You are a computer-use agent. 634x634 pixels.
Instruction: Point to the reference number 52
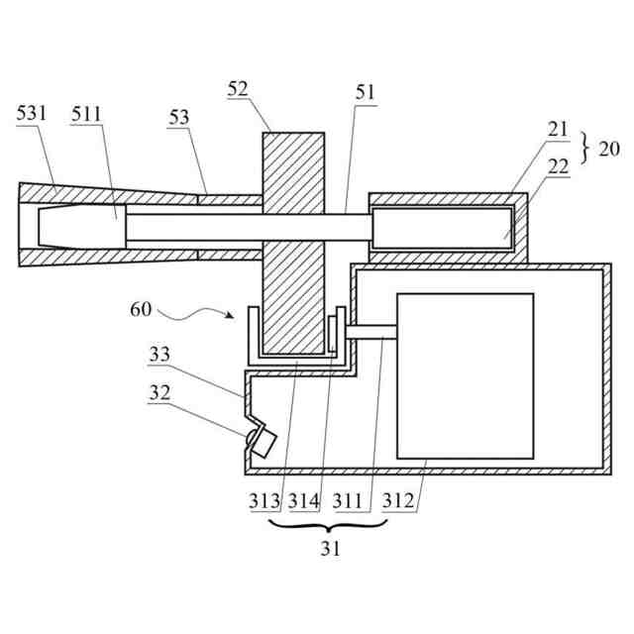pos(237,89)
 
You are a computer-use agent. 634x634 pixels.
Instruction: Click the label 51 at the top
pos(366,93)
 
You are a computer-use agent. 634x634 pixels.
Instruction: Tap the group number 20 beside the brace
pos(609,150)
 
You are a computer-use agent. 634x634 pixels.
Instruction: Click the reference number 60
pos(140,309)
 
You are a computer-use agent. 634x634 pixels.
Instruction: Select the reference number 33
pos(159,354)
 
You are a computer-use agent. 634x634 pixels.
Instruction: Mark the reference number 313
pos(264,502)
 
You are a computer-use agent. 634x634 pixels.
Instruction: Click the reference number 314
pos(305,502)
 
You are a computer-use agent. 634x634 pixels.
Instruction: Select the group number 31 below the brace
pos(330,548)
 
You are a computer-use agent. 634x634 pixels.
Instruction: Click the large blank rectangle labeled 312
pos(465,376)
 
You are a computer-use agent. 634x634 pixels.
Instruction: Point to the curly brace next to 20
pos(584,150)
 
